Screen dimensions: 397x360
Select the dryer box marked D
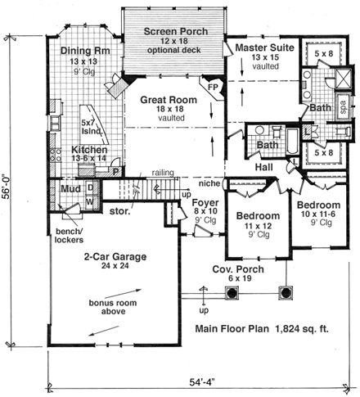click(90, 187)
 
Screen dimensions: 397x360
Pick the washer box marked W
click(90, 200)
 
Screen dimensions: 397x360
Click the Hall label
click(263, 167)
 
